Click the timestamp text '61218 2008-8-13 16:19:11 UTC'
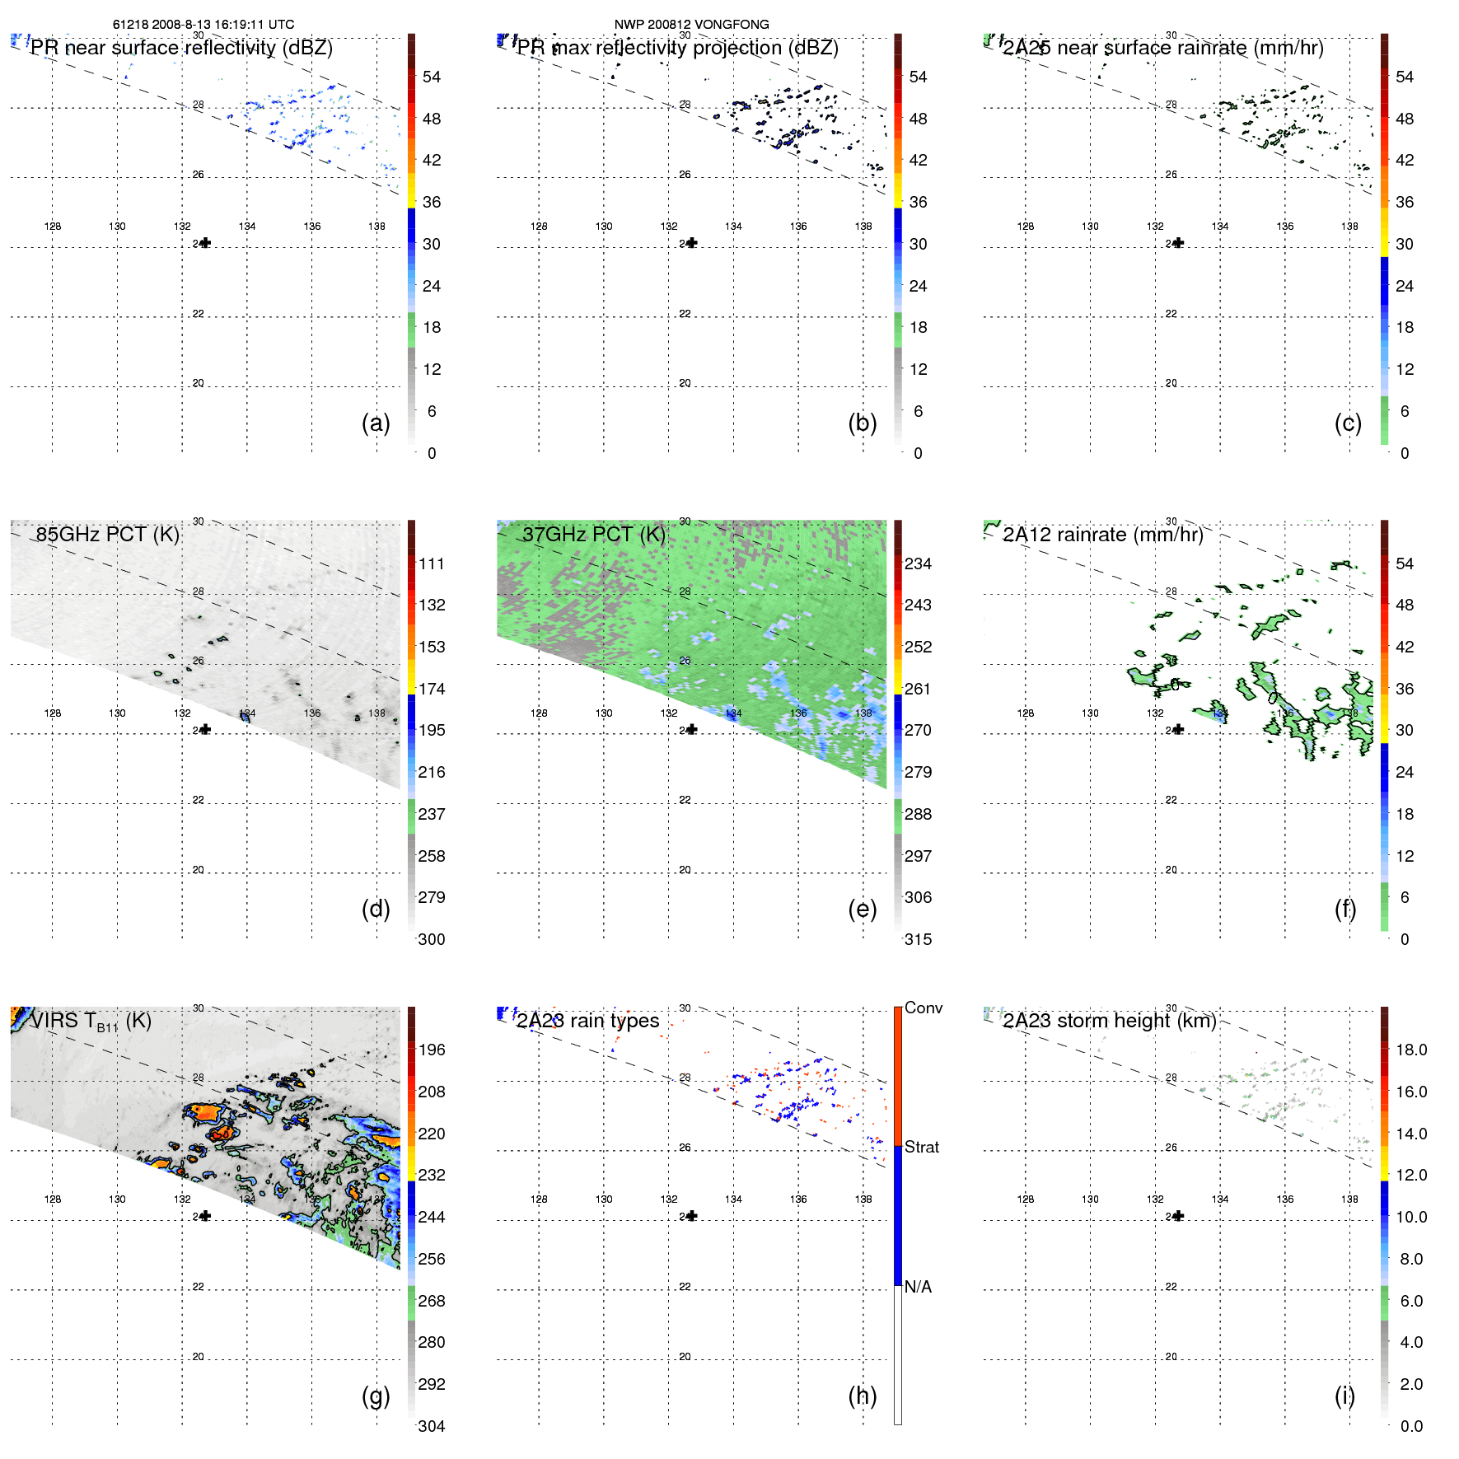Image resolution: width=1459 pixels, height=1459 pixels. coord(203,25)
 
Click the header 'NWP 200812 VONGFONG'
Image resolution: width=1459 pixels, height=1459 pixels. coord(691,25)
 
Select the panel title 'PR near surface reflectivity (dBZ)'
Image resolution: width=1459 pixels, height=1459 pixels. coord(181,48)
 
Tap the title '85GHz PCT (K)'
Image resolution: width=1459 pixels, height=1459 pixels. coord(107,535)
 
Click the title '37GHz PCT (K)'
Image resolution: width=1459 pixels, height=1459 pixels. coord(593,535)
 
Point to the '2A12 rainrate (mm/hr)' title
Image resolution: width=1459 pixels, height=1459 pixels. coord(1102,535)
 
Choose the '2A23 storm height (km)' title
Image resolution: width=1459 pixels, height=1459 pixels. coord(1109,1021)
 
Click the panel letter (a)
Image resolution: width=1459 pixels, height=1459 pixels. coord(376,423)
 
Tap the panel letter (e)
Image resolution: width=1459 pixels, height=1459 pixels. coord(863,910)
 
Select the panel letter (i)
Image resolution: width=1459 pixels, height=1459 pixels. coord(1344,1396)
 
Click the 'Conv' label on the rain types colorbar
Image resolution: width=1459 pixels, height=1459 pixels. coord(923,1008)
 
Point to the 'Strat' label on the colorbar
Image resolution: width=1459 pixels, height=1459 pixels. coord(921,1147)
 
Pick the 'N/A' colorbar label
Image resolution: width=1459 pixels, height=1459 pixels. coord(918,1287)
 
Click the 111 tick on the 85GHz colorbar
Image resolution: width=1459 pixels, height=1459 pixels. coord(431,563)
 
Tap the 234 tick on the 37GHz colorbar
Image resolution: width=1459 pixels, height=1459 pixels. coord(918,563)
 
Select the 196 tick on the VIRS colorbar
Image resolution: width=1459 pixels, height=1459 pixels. coord(431,1050)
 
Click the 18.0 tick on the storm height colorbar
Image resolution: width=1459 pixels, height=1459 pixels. coord(1410,1050)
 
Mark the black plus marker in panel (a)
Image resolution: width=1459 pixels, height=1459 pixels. coord(205,243)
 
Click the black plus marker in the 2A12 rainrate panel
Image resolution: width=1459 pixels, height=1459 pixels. coord(1178,729)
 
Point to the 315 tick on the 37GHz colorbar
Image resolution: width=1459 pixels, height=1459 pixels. coord(918,939)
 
